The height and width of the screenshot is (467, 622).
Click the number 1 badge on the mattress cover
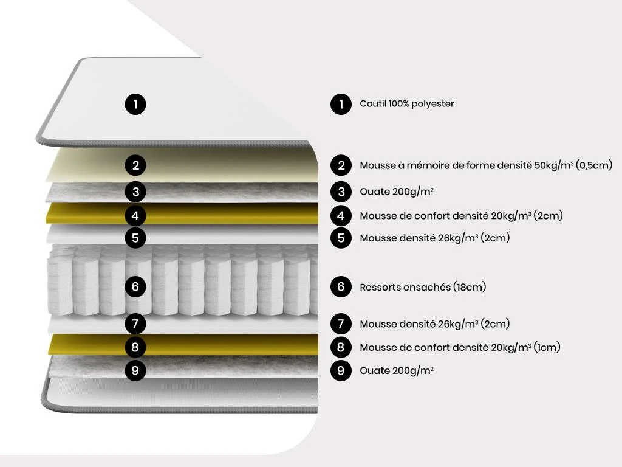135,104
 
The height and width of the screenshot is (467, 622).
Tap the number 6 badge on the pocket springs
135,286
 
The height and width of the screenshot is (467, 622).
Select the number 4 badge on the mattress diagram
135,215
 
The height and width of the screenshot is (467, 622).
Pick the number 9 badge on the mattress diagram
135,370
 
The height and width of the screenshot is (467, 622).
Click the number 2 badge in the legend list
341,165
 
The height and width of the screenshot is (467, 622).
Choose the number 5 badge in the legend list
341,238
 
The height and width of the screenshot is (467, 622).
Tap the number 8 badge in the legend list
341,347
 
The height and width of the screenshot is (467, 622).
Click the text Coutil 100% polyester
407,104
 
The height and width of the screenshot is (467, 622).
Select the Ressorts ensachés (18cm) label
423,287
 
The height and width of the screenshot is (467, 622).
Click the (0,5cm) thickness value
593,165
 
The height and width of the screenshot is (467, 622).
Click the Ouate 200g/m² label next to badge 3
397,192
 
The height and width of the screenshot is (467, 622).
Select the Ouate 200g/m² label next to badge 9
397,370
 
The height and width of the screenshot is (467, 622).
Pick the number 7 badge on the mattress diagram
135,323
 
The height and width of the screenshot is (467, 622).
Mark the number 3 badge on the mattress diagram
135,192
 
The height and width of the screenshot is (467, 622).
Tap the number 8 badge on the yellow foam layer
135,347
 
